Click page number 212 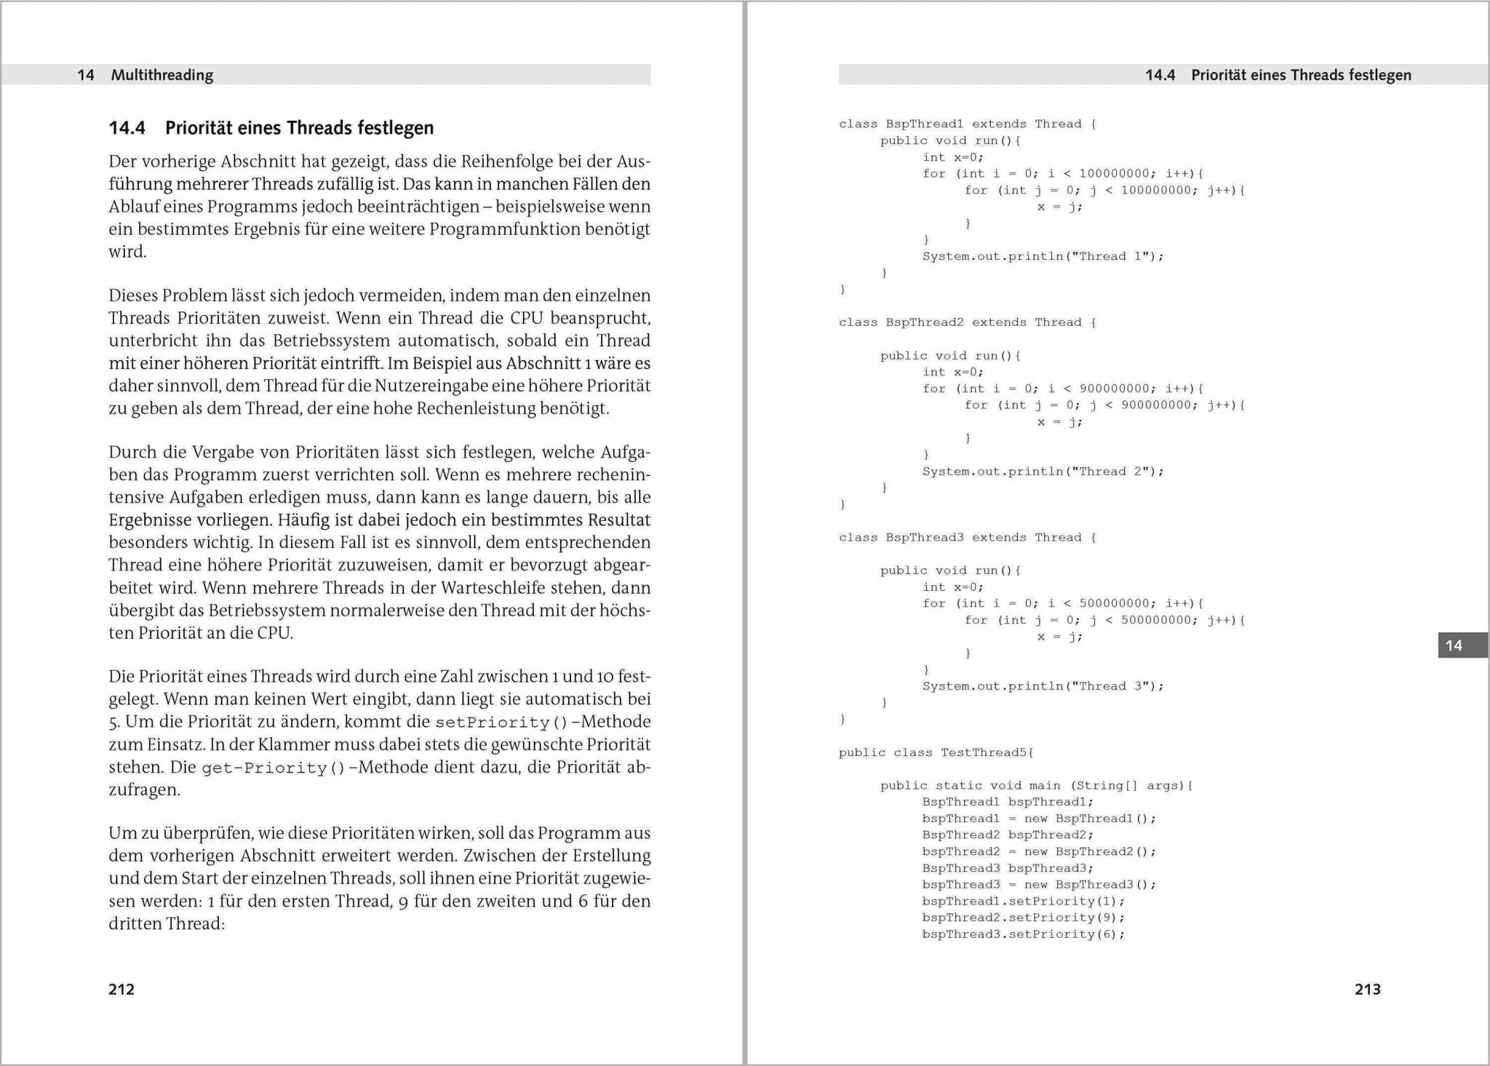tap(121, 989)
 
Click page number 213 tap(1367, 989)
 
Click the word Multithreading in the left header tap(162, 75)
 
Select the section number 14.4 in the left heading tap(127, 128)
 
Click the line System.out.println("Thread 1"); tap(1043, 256)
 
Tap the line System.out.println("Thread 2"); tap(1043, 472)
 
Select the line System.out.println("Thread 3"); tap(1043, 686)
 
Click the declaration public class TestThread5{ tap(936, 752)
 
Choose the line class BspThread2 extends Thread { tap(967, 322)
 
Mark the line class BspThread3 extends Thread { tap(967, 538)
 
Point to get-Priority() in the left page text tap(273, 768)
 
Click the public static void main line tap(1036, 786)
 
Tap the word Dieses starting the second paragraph tap(133, 296)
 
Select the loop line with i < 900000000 tap(1063, 389)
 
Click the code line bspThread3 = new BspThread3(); tap(1038, 885)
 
